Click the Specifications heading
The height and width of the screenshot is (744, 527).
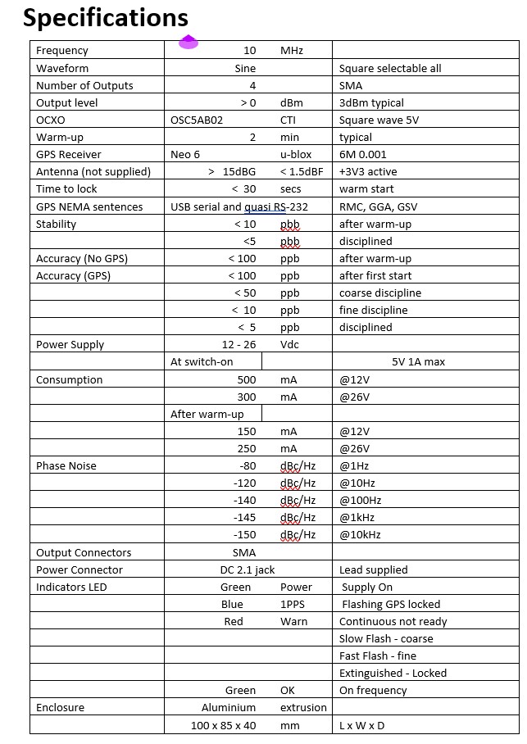pos(106,17)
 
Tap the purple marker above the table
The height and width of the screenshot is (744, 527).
pos(189,41)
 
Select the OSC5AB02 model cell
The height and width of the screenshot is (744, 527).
pos(197,120)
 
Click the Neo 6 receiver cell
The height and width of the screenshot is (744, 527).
pos(185,154)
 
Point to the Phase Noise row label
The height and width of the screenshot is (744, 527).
pos(66,465)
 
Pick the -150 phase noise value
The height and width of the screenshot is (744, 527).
pos(244,534)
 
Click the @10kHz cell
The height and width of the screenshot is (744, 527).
pos(360,534)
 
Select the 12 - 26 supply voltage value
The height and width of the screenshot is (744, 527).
pos(239,344)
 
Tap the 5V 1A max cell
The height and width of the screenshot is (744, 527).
pos(418,361)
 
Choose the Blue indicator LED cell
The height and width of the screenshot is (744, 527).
pos(232,604)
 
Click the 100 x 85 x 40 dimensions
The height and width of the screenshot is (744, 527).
pos(223,725)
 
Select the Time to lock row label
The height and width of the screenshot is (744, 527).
pos(66,188)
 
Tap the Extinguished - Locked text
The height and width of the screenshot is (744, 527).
pos(393,673)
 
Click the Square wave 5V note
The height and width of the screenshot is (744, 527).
pos(379,120)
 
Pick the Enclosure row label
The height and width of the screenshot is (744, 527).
pos(60,707)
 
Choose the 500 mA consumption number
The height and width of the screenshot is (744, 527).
pos(246,379)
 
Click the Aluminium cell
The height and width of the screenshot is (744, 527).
pos(229,707)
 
